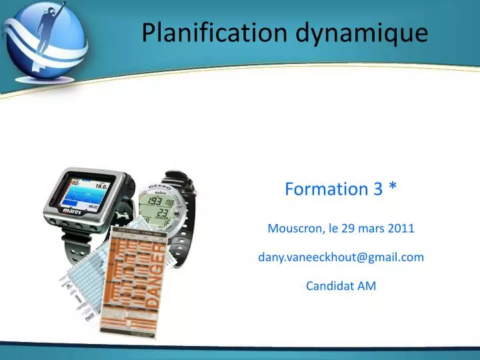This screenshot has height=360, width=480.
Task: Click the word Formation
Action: pyautogui.click(x=317, y=189)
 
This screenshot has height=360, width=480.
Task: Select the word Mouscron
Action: pyautogui.click(x=295, y=229)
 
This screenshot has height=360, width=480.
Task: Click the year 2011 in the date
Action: pyautogui.click(x=401, y=229)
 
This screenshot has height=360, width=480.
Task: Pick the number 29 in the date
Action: pyautogui.click(x=347, y=229)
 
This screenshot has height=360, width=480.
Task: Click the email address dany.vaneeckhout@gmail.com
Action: pyautogui.click(x=341, y=257)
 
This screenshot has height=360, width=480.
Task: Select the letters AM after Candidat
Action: pyautogui.click(x=367, y=286)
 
